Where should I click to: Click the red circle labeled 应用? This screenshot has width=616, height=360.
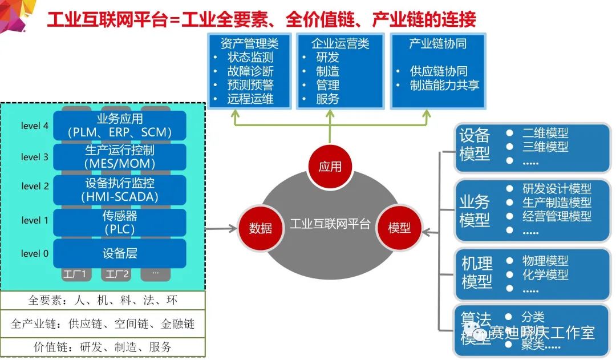330,166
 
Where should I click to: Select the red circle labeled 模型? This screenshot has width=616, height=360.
399,228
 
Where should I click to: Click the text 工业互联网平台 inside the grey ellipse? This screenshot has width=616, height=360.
330,223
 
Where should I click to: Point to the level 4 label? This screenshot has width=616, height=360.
35,126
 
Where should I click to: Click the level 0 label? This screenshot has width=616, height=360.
35,253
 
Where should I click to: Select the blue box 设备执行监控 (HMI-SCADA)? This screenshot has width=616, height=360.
120,191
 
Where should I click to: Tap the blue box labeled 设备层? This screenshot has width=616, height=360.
120,253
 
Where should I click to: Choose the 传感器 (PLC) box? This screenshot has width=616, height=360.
120,223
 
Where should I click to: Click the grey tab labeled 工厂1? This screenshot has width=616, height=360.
76,274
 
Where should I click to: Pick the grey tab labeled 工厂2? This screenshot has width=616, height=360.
117,274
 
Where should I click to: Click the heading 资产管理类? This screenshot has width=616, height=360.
249,43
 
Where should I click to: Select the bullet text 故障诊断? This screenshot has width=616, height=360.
250,71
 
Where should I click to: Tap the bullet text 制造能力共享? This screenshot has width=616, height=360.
445,86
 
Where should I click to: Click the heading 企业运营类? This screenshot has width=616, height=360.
341,43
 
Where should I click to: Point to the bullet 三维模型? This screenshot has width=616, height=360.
545,147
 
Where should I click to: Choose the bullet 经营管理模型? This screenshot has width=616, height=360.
557,216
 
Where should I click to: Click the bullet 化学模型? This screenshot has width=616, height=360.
545,275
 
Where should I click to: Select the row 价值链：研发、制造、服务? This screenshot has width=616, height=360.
103,346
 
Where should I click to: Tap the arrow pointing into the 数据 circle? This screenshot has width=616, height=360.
222,229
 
